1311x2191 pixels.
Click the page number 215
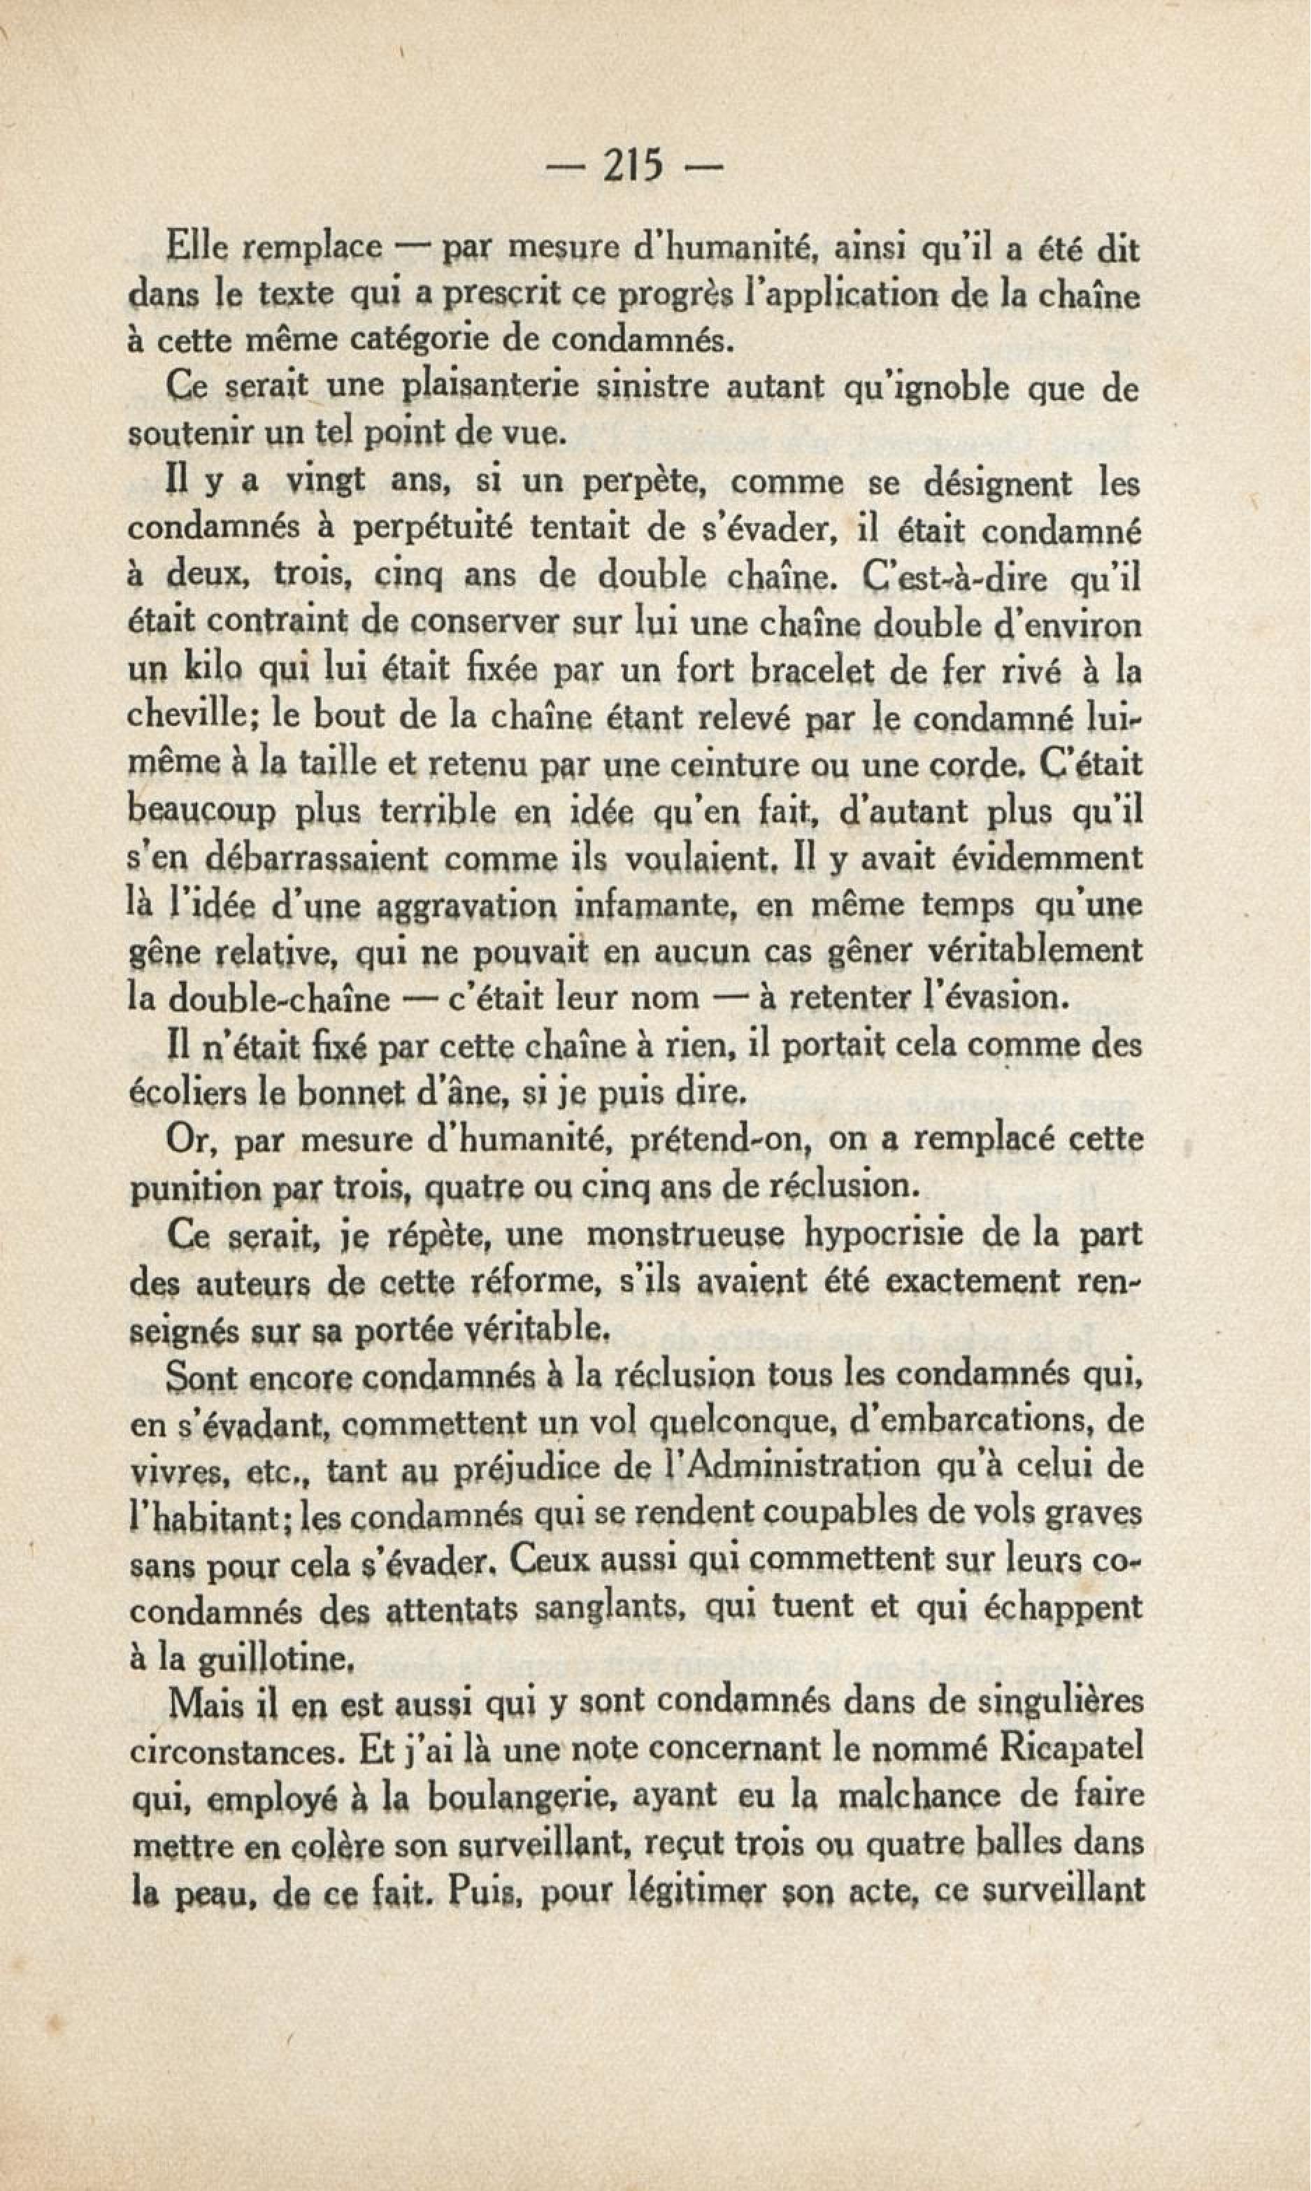coord(633,165)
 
